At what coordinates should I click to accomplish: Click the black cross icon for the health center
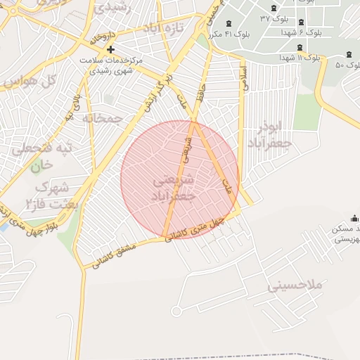(x=110, y=49)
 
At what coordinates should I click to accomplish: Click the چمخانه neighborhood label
(x=103, y=117)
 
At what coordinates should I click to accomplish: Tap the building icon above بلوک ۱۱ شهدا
(x=300, y=47)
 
